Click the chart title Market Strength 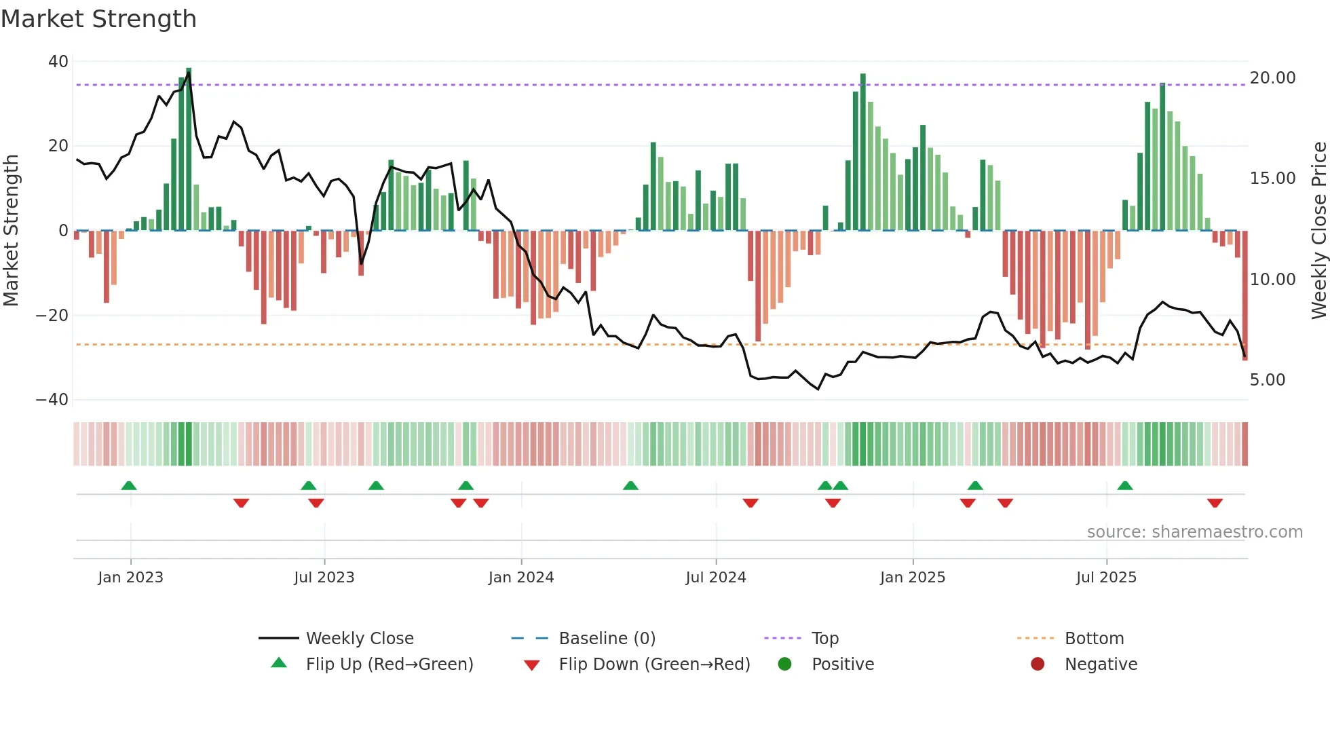(x=98, y=19)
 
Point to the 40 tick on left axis (x=58, y=62)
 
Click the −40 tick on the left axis (x=53, y=400)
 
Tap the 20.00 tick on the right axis (x=1272, y=78)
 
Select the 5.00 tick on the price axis (x=1267, y=380)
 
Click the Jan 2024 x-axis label (x=520, y=578)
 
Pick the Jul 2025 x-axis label (x=1105, y=578)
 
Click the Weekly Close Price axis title (x=1318, y=231)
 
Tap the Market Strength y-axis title (x=12, y=231)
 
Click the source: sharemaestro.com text (x=1194, y=532)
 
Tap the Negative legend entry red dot (x=1037, y=665)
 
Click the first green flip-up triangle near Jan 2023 (x=129, y=485)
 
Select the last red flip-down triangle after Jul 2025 (x=1215, y=503)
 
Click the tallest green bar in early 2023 (x=189, y=149)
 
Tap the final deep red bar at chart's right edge (x=1244, y=295)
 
